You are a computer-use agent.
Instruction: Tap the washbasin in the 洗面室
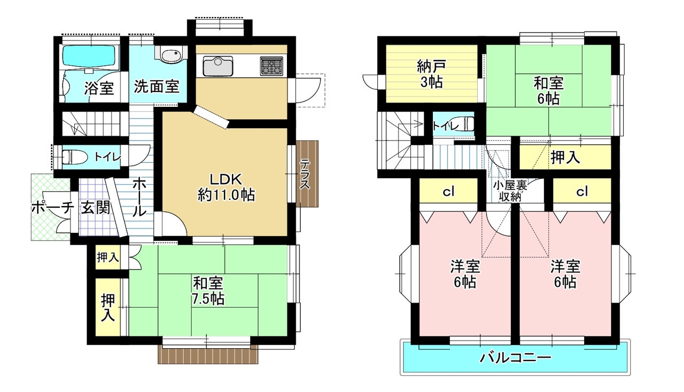[171, 55]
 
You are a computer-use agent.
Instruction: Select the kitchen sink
[218, 66]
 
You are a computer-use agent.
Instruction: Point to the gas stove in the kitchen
[271, 66]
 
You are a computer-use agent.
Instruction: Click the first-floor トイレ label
[107, 158]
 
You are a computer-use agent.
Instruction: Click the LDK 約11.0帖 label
[226, 187]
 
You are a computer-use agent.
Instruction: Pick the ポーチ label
[52, 209]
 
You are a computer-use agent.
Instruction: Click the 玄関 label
[95, 208]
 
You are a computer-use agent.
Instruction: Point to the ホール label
[139, 198]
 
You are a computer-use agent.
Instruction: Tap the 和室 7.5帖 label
[208, 291]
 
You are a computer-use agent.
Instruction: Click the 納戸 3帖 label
[431, 74]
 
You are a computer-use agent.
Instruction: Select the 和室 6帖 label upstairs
[548, 91]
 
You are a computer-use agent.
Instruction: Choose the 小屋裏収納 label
[510, 191]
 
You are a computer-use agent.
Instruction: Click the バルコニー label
[515, 357]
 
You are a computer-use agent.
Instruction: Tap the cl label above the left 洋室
[448, 191]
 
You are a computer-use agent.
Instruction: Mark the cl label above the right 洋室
[582, 191]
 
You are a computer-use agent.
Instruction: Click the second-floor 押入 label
[565, 158]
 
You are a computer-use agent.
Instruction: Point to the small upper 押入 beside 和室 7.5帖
[108, 257]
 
